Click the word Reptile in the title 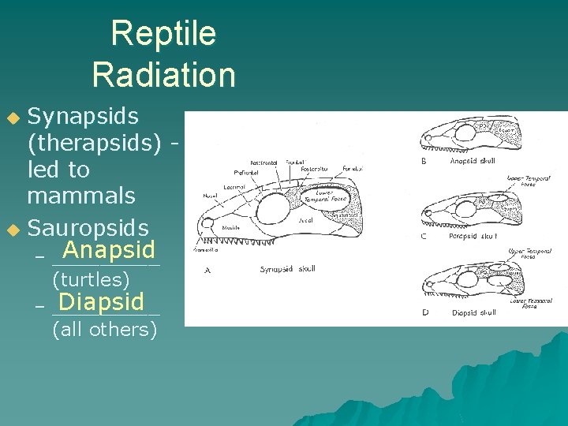coord(163,34)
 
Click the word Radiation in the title coord(163,75)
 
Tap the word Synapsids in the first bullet coord(83,116)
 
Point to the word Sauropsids coord(88,228)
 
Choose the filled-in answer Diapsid coord(101,301)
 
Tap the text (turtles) coord(91,278)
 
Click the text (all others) coord(104,329)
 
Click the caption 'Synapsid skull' coord(288,269)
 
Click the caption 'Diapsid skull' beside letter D coord(473,312)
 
